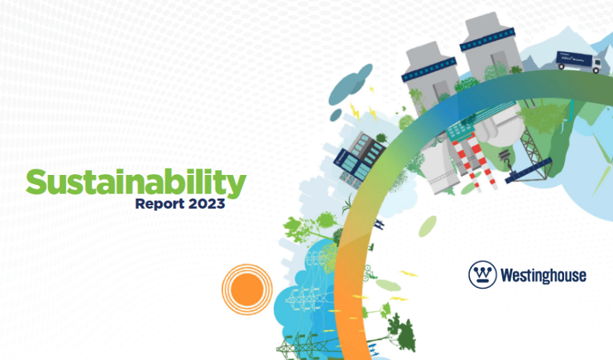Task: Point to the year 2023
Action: [207, 204]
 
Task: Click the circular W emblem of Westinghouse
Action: [481, 274]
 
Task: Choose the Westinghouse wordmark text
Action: [542, 275]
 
